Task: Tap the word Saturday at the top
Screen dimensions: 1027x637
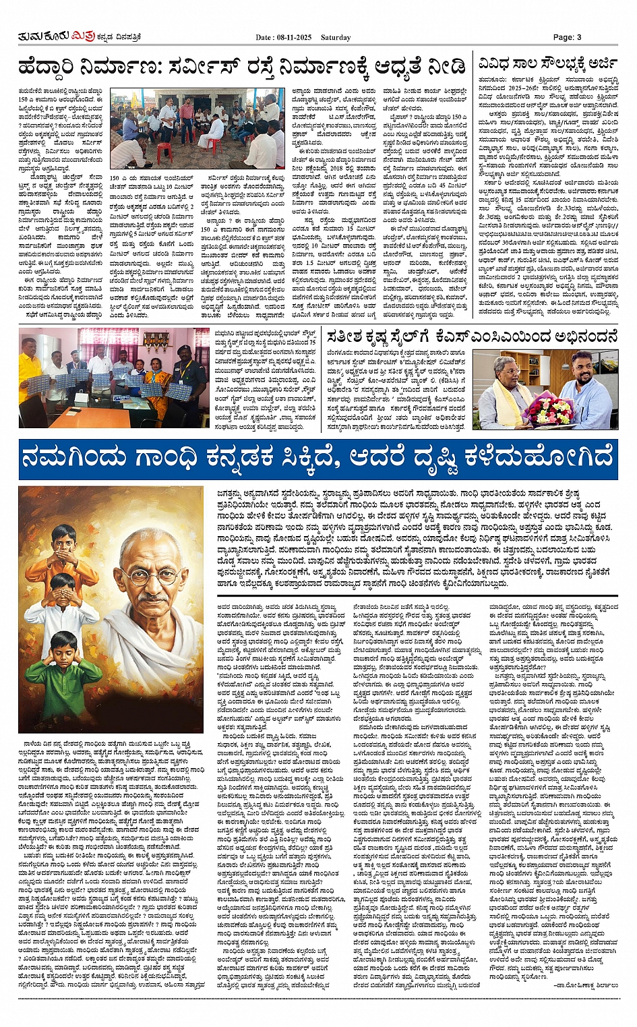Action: click(x=335, y=37)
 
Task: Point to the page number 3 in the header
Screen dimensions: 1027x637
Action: click(x=578, y=37)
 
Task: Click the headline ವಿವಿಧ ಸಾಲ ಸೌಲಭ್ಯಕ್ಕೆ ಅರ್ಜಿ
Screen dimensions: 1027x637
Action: click(x=547, y=65)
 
